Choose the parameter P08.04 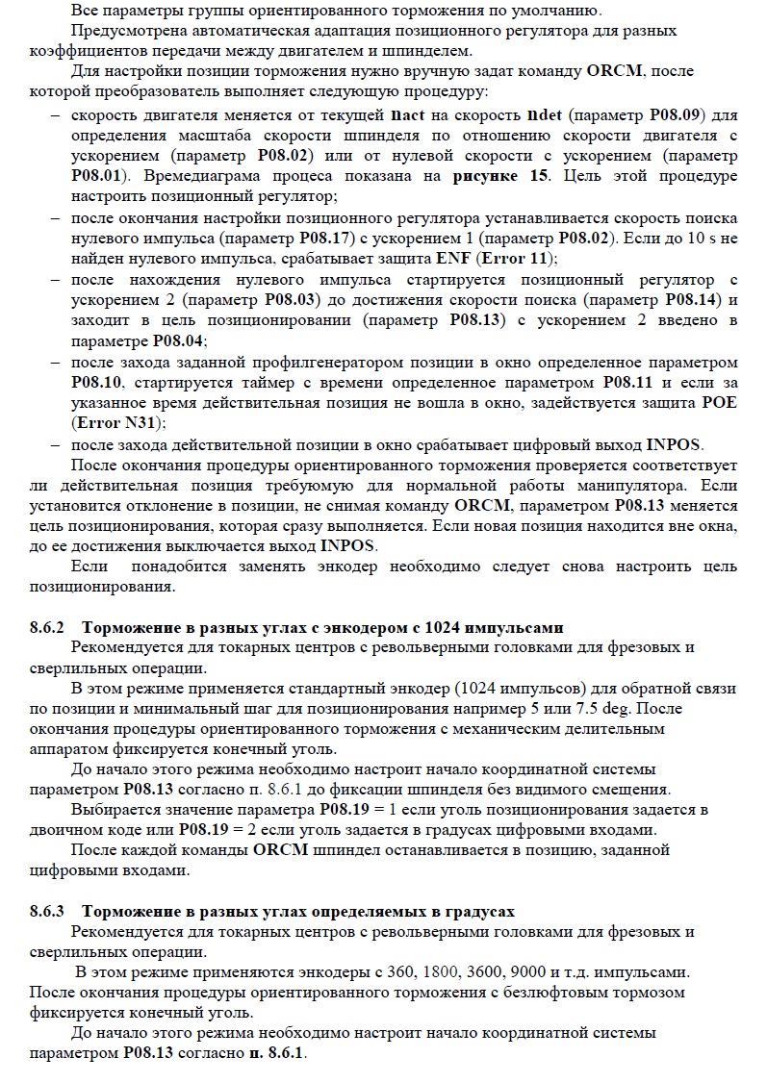(179, 340)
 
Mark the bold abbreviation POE (719, 402)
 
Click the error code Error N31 (116, 423)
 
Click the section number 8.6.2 (48, 627)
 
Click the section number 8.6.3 (48, 911)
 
